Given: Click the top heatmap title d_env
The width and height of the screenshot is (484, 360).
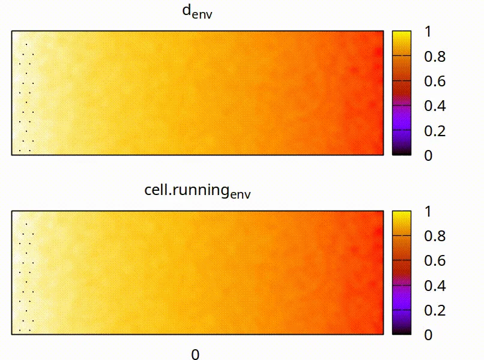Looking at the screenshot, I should (197, 13).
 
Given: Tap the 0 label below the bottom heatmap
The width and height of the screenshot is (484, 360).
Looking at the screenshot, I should (195, 354).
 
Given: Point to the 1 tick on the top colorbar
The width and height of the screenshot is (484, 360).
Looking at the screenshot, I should (427, 32).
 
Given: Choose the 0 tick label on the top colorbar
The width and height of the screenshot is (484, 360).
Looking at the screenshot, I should (427, 155).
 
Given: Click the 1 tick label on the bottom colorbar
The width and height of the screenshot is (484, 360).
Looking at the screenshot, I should (427, 212).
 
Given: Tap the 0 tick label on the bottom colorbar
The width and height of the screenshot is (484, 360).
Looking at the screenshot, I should (427, 335).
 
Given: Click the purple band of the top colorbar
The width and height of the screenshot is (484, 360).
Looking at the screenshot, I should (402, 118).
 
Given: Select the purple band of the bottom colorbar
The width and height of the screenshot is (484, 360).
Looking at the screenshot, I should (402, 298).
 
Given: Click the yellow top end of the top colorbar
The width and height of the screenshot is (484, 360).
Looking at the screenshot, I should (402, 35).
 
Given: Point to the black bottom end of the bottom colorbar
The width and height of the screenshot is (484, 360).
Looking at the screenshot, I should (402, 331).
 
